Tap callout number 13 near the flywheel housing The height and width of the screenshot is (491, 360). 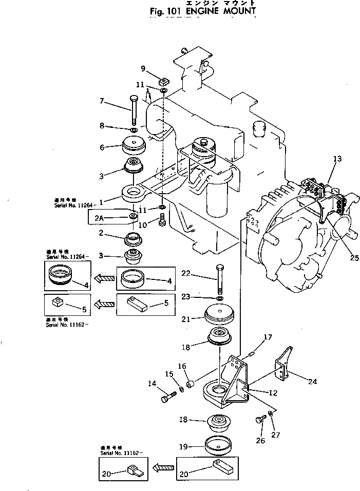[337, 159]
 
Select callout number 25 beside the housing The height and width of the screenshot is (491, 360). [353, 257]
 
